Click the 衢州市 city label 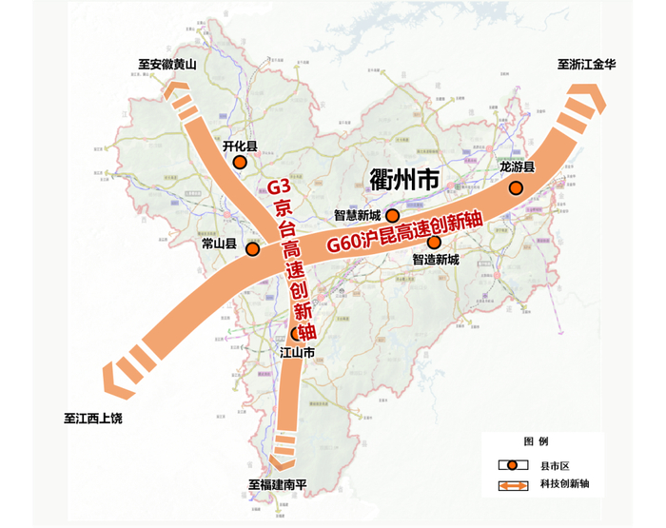pos(402,178)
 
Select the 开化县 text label pos(240,147)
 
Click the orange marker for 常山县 pos(252,249)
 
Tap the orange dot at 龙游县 pos(516,188)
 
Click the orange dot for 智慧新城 pos(392,215)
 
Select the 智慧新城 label pos(357,215)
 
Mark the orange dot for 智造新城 pos(434,242)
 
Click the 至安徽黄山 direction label pos(166,66)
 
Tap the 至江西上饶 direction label pos(93,418)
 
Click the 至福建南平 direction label pos(279,484)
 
